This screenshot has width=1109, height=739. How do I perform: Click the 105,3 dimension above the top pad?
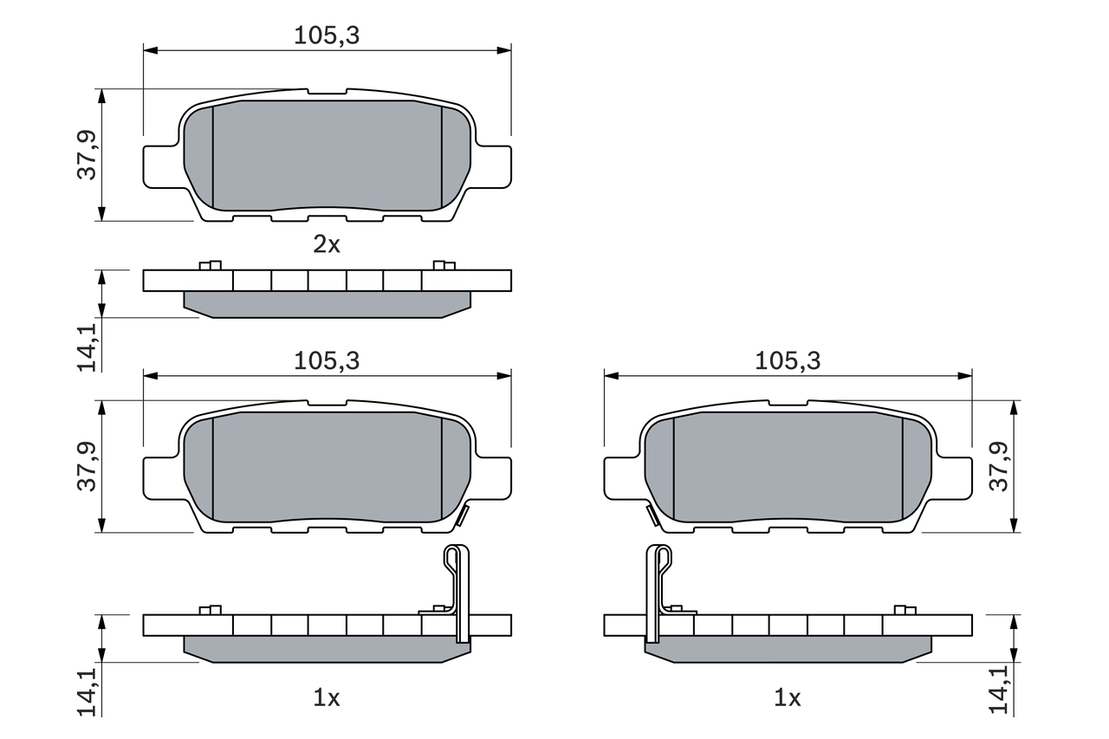click(326, 36)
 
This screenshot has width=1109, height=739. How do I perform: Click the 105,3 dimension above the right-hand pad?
click(787, 361)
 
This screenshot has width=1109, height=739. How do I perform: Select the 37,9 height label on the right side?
click(1000, 466)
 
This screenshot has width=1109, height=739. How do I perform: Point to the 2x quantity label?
click(327, 244)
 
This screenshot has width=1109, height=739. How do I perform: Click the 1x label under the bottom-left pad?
click(327, 697)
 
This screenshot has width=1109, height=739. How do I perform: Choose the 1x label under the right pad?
click(787, 697)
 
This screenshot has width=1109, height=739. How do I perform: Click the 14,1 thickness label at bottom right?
click(1000, 690)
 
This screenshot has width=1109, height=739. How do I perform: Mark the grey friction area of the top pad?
click(327, 156)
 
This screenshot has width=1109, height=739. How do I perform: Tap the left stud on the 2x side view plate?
click(211, 265)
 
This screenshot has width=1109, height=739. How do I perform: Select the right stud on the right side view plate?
click(905, 610)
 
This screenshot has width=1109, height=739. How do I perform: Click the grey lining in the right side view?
click(788, 648)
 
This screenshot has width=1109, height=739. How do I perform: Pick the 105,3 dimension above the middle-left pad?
click(326, 361)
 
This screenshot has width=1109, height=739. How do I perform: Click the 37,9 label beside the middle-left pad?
click(87, 466)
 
